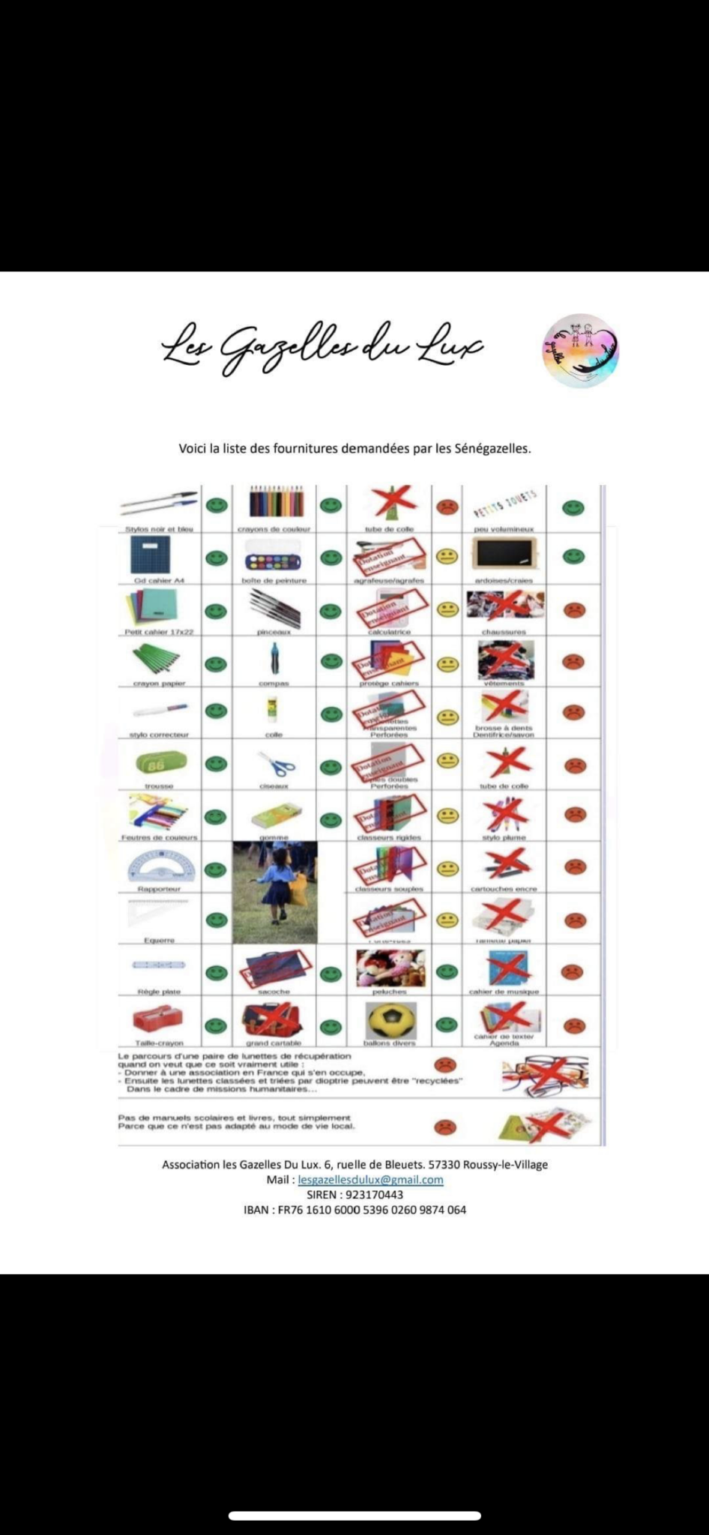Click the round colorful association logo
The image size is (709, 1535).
coord(581,350)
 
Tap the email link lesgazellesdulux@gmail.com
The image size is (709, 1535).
coord(370,1180)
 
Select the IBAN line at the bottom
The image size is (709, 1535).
coord(354,1210)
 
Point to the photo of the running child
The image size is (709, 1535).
coord(275,892)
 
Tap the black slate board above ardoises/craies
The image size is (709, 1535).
coord(505,555)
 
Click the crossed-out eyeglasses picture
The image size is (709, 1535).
coord(545,1073)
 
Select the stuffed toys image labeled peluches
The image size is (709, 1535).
coord(390,968)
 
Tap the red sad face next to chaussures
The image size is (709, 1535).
coord(573,609)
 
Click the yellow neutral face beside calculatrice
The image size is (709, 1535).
coord(447,609)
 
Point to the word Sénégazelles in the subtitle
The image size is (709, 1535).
coord(492,449)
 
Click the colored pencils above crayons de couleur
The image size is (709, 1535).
coord(275,501)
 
